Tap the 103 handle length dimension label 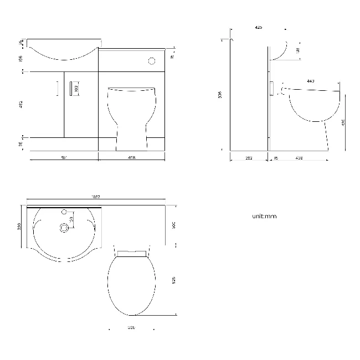click(x=76, y=88)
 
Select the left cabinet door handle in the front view click(x=57, y=89)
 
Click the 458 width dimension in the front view click(x=132, y=157)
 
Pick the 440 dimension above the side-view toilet click(x=310, y=81)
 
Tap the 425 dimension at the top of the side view click(x=259, y=27)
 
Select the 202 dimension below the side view click(x=249, y=158)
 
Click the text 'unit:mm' click(x=264, y=216)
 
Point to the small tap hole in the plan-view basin click(x=65, y=212)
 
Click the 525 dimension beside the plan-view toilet click(x=174, y=281)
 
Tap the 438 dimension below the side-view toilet click(x=299, y=158)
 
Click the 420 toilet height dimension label click(x=344, y=122)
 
